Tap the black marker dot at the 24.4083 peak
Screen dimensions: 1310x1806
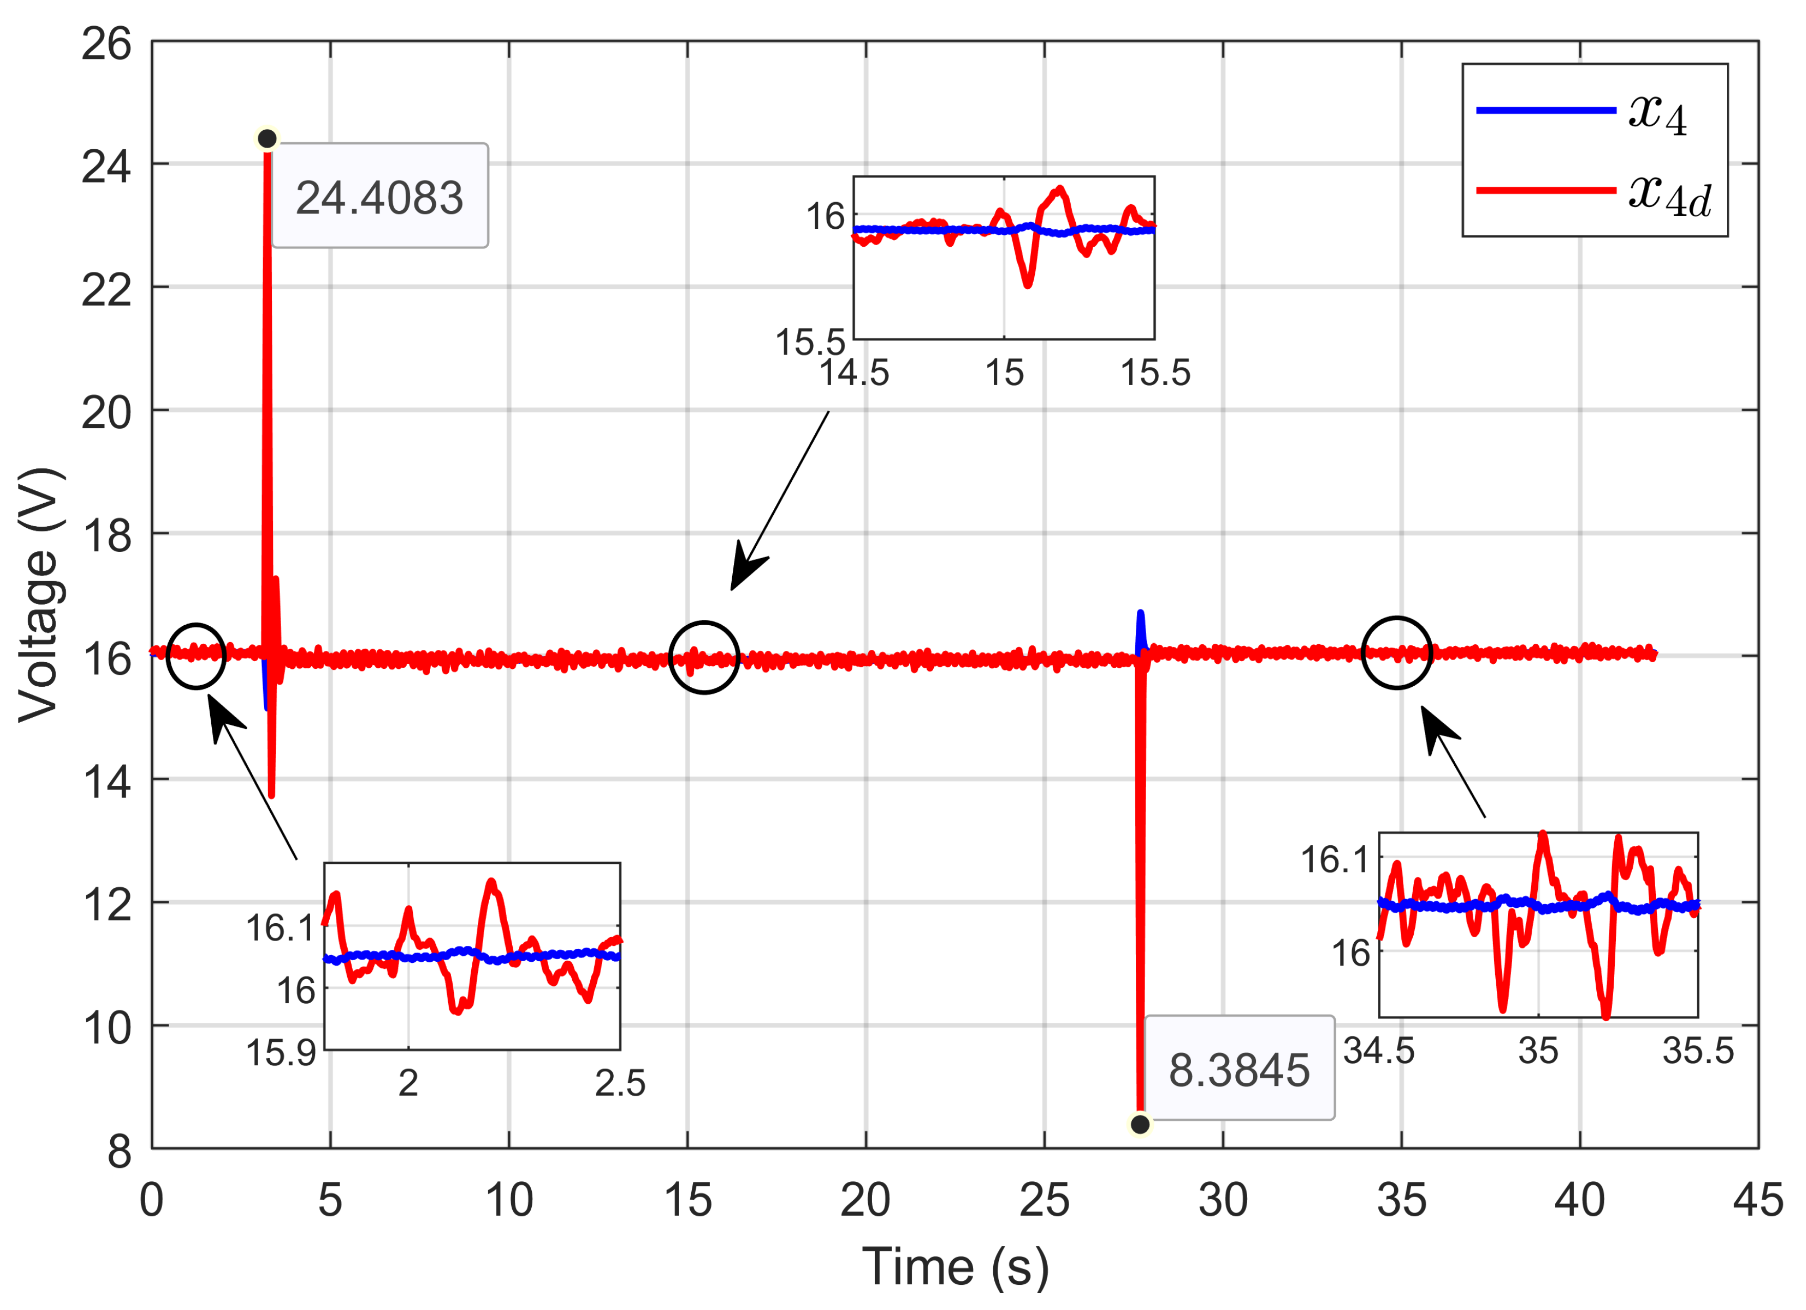(268, 138)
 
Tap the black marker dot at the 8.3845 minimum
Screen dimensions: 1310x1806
(1140, 1124)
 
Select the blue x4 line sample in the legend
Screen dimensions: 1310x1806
(1546, 110)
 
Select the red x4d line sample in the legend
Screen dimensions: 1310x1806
(1546, 190)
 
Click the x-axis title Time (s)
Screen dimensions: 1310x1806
(955, 1266)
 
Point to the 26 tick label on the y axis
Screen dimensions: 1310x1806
(106, 44)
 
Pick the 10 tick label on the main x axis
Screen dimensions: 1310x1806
(509, 1199)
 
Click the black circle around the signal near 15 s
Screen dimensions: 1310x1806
(705, 657)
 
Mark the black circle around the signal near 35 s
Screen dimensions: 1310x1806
(1397, 653)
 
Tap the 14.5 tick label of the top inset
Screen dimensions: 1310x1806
(854, 372)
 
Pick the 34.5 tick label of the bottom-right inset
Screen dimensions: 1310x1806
(1379, 1051)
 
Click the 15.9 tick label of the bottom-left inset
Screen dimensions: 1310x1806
(281, 1053)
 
